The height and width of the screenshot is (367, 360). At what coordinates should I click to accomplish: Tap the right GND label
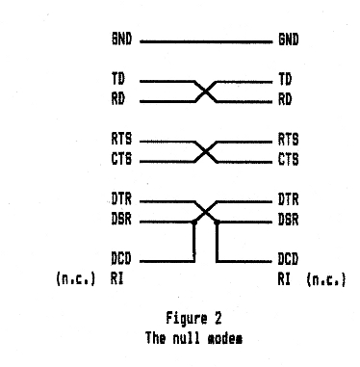288,42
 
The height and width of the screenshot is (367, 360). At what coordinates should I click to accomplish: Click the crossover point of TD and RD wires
205,91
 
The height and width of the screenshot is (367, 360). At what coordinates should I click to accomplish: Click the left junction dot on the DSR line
193,221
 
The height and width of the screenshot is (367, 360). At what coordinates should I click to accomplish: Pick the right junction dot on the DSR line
218,221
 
